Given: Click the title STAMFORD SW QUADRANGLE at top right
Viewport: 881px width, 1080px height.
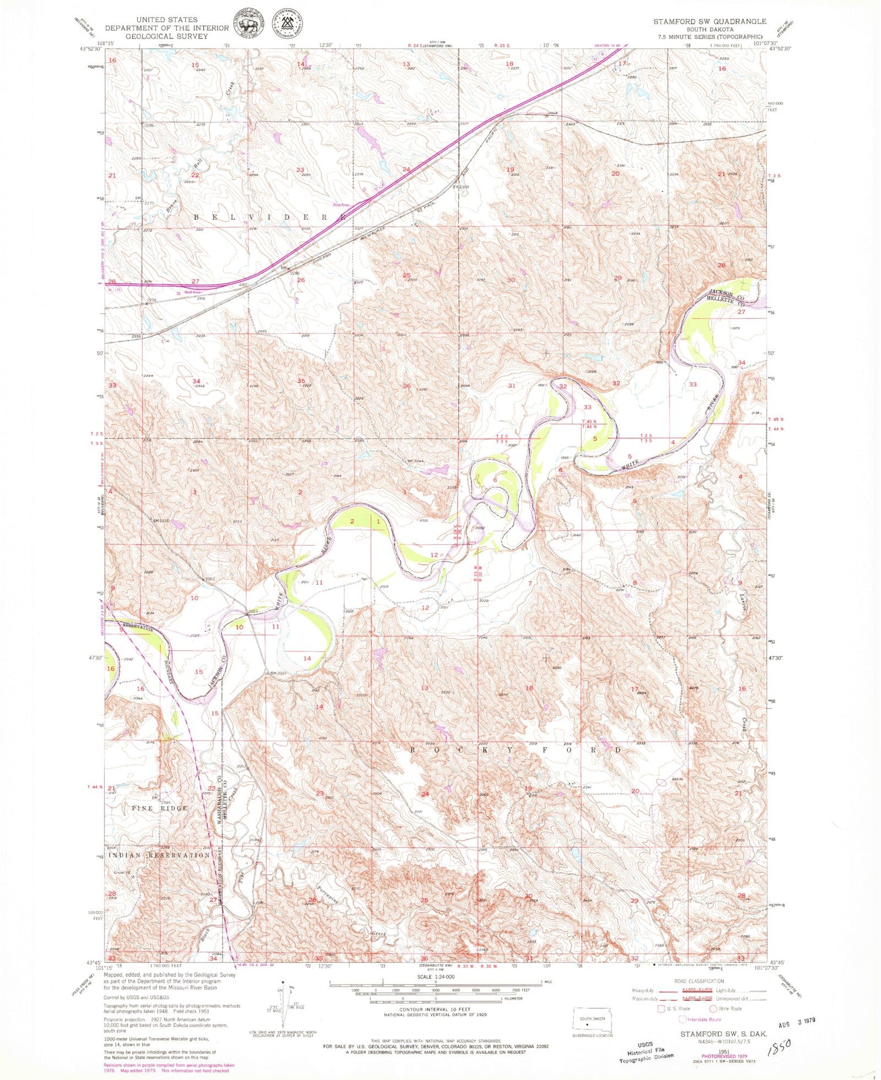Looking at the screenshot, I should pyautogui.click(x=709, y=21).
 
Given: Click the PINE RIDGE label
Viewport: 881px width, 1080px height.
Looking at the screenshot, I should pyautogui.click(x=159, y=808).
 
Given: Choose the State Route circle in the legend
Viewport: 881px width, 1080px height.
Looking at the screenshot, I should pyautogui.click(x=713, y=1008).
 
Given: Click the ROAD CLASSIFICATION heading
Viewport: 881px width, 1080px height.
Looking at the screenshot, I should pyautogui.click(x=698, y=981).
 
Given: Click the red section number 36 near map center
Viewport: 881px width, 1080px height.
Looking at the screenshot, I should pyautogui.click(x=406, y=386).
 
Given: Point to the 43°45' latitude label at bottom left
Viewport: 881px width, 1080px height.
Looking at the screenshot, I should pyautogui.click(x=93, y=962).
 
